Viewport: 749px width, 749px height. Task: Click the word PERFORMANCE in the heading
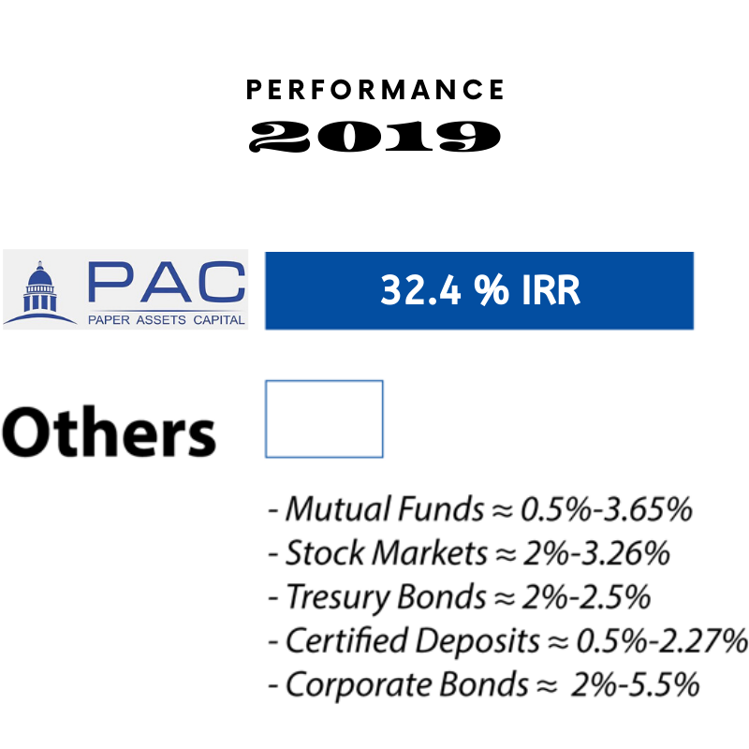374,90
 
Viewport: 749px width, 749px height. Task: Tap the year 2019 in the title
374,137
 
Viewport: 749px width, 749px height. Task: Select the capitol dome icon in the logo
40,290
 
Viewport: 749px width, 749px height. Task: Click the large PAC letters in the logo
166,282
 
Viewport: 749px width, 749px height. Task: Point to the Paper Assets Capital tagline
166,319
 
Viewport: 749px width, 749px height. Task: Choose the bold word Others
109,433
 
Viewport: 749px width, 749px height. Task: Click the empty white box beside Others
324,419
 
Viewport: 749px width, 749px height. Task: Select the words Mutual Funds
385,509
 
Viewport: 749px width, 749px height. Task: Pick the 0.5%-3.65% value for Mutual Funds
607,509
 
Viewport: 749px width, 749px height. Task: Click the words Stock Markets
386,553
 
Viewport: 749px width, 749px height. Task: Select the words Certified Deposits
412,641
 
